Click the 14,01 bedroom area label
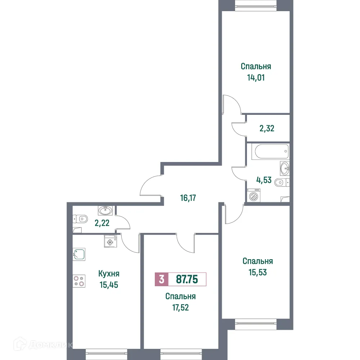pos(256,77)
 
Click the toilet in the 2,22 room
pos(82,218)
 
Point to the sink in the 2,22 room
pos(105,210)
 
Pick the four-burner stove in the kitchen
pos(79,281)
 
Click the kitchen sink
pos(79,254)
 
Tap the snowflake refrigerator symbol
pos(109,242)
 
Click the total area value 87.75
pos(186,279)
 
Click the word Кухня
pos(109,274)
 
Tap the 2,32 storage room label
pos(267,128)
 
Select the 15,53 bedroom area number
pos(257,272)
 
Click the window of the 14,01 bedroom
pos(256,4)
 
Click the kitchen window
pos(107,354)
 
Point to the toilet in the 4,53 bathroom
pos(281,183)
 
